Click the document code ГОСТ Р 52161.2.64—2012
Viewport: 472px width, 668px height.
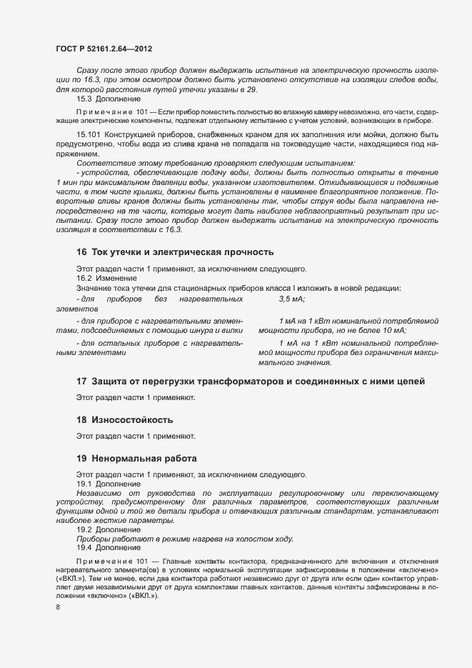pos(104,49)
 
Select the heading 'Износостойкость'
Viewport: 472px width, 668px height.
pos(132,419)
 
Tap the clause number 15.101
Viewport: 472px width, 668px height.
pos(89,134)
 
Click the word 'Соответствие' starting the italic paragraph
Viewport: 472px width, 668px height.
pos(105,164)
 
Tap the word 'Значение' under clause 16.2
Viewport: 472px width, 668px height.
pos(95,288)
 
